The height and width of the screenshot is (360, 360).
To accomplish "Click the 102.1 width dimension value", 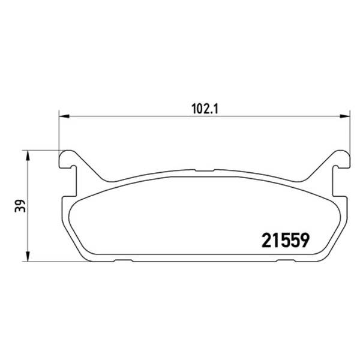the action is click(205, 109).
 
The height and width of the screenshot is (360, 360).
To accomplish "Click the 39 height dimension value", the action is click(20, 206).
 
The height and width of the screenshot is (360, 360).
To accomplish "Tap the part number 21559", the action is click(286, 241).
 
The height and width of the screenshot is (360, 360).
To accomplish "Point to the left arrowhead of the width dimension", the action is click(64, 116).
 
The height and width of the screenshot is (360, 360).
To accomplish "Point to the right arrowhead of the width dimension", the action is click(345, 116).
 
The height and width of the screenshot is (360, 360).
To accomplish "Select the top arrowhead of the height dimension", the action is click(28, 155).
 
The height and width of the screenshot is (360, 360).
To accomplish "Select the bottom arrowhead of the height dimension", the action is click(28, 256).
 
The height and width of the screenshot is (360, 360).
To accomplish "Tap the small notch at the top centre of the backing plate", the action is click(205, 170).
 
